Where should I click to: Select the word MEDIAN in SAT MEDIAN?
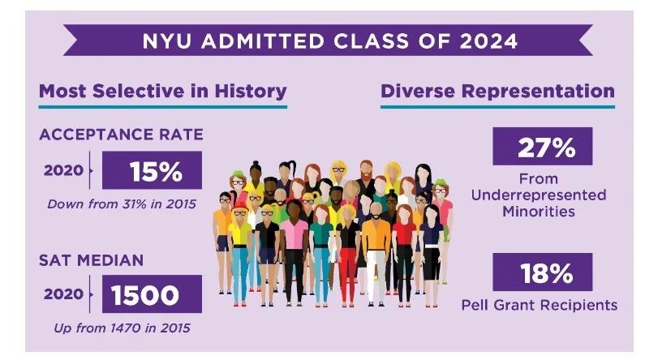point(114,261)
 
